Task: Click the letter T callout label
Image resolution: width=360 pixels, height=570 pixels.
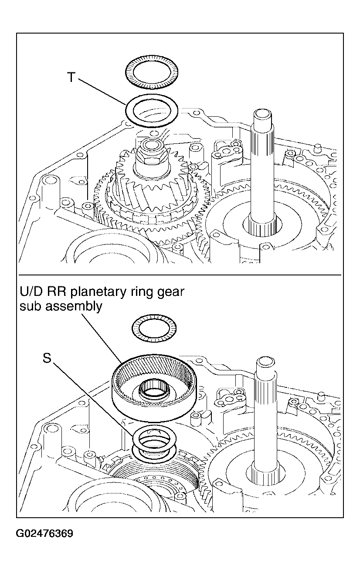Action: coord(71,77)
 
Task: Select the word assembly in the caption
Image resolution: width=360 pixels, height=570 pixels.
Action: coord(74,307)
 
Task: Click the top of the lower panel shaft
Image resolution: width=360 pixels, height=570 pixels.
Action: coord(265,363)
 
